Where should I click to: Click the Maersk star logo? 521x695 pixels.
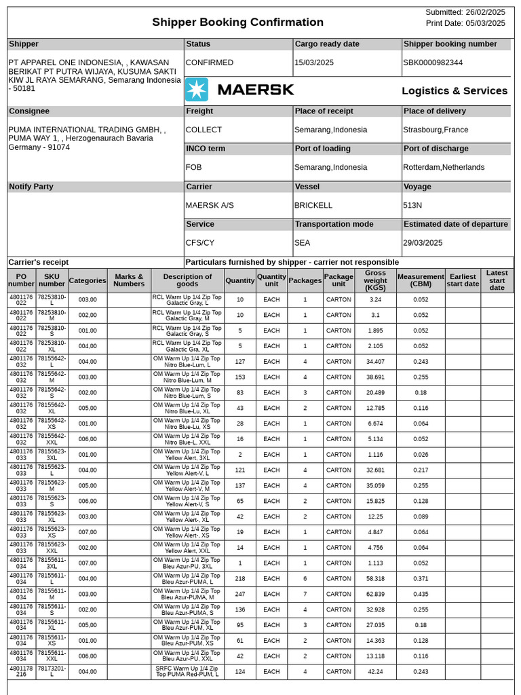(197, 90)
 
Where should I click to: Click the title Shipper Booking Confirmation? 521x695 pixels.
(237, 22)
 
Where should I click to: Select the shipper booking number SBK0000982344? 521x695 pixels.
(433, 62)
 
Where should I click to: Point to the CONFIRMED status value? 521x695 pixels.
(210, 62)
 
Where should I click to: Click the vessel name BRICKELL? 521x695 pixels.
(313, 205)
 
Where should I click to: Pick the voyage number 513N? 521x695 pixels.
(412, 205)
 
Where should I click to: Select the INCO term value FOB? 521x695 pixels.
(194, 167)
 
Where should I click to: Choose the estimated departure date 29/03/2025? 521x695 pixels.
(423, 242)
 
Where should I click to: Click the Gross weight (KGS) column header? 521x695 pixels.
(375, 280)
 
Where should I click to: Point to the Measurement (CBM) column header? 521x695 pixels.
(421, 280)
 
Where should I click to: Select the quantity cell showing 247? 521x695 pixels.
(239, 594)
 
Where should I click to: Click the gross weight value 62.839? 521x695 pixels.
(375, 594)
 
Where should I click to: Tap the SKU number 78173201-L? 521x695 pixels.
(52, 671)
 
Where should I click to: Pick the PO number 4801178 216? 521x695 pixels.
(21, 671)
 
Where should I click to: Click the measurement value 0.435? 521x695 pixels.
(421, 594)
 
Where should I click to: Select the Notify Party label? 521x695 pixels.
(31, 187)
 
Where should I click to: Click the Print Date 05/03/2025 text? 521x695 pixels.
(465, 23)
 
